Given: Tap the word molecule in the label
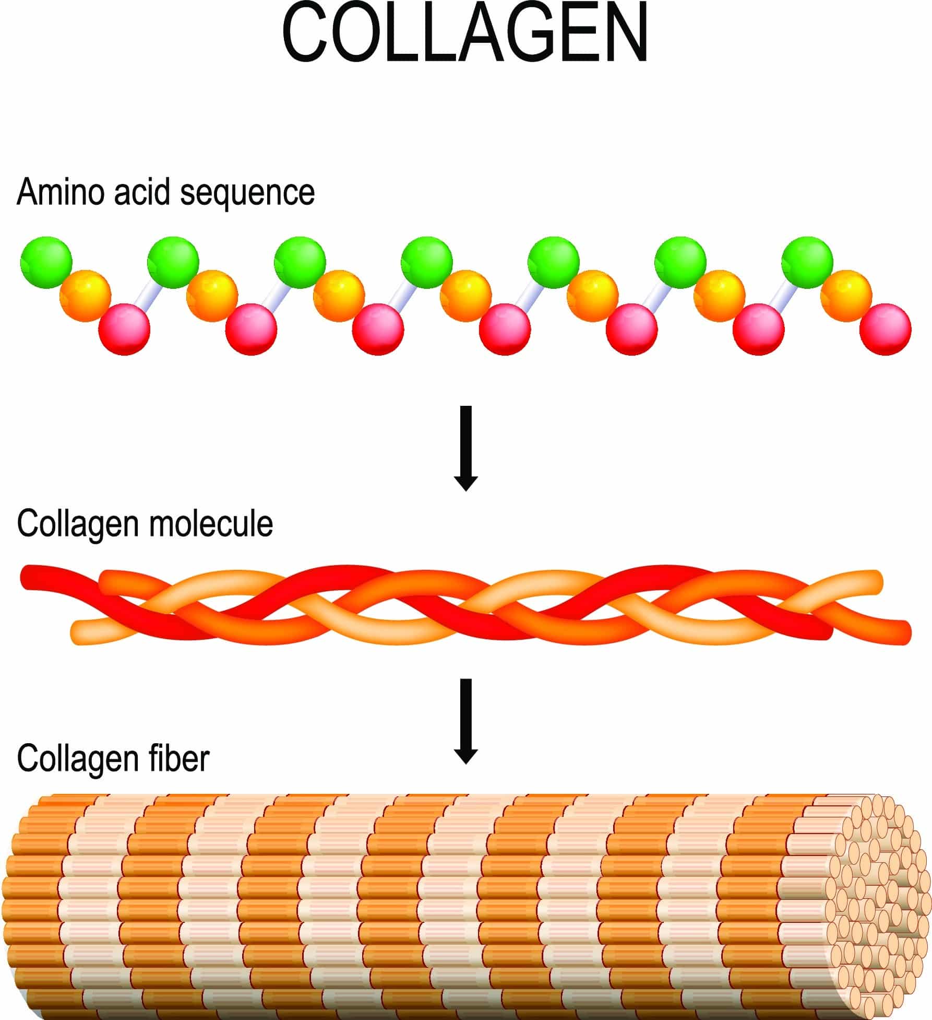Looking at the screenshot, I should coord(211,523).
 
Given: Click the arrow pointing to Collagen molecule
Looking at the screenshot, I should coord(466,448).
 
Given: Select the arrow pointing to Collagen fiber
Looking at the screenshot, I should coord(466,721).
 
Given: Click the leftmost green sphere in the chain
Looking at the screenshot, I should coord(46,262).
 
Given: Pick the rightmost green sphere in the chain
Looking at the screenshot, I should coord(807,262).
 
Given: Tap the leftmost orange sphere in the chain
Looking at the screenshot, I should coord(85,296).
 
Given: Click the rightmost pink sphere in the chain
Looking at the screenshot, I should coord(886,329).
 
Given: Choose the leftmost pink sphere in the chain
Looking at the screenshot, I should coord(124,329).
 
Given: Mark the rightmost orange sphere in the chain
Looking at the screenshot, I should coord(846,296).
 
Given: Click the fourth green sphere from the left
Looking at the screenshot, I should coord(427,262).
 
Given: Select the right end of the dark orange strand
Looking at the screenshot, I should coord(902,630).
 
